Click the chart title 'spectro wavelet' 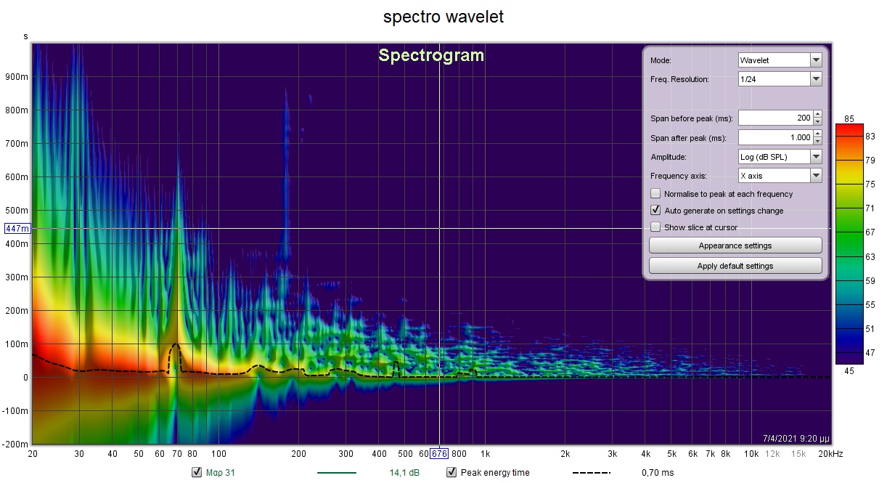point(443,17)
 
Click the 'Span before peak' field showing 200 point(774,118)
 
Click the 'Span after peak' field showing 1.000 point(774,137)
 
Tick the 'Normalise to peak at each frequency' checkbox point(655,194)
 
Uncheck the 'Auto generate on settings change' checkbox point(655,211)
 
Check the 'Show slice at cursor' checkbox point(655,227)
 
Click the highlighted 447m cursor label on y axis point(17,229)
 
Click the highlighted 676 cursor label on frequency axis point(439,454)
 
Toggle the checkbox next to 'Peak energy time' point(451,473)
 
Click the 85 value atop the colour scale point(849,118)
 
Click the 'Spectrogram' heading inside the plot point(431,55)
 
